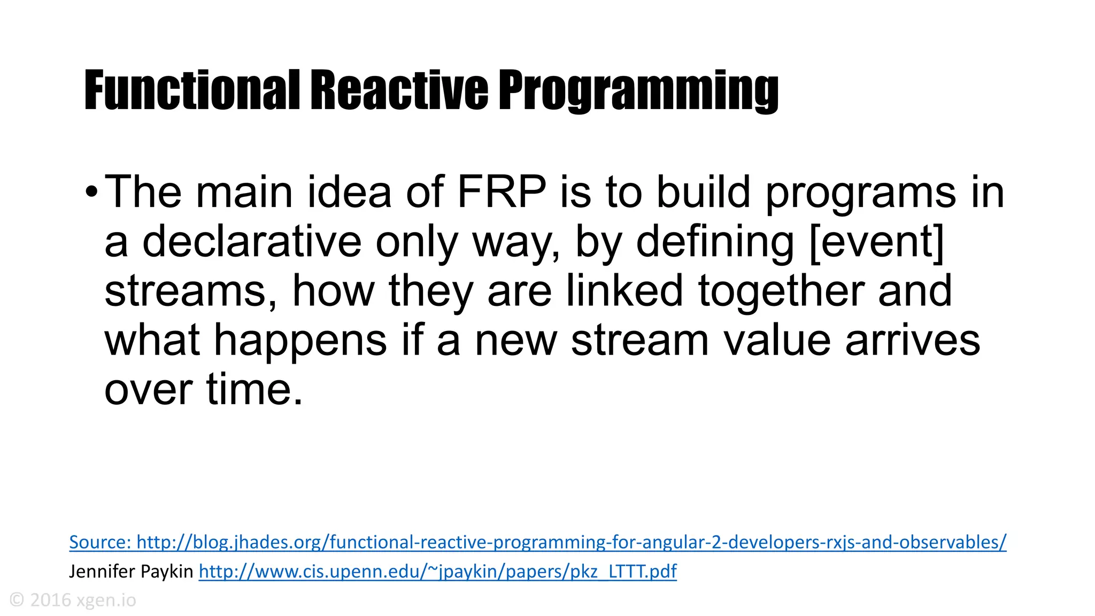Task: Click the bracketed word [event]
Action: click(877, 241)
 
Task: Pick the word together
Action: click(781, 290)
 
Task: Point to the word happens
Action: click(300, 340)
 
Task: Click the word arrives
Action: click(912, 340)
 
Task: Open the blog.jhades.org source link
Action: click(537, 542)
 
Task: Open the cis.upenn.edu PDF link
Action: click(437, 572)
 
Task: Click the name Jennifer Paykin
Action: click(131, 572)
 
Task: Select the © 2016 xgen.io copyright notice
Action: click(73, 600)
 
